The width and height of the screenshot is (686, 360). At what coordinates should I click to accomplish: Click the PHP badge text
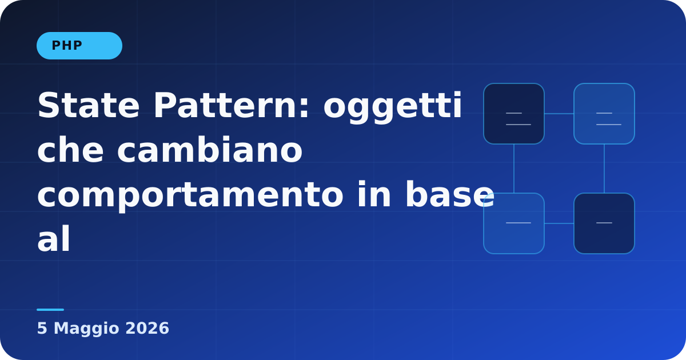coord(67,46)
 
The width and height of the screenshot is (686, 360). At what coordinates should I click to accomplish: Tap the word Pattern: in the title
coord(232,105)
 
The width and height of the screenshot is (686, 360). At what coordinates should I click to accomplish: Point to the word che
coord(70,150)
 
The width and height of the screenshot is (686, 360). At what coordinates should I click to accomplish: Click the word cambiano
coord(210,150)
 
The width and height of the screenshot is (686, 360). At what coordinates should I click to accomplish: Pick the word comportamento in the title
coord(190,196)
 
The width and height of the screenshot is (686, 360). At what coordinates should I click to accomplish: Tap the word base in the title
coord(449,194)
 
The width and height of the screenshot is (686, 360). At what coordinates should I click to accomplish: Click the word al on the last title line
coord(54,239)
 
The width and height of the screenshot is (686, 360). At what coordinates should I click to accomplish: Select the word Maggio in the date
coord(86,329)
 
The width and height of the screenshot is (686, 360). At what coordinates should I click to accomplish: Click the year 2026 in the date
coord(147,329)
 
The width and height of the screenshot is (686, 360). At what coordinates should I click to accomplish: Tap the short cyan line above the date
coord(50,310)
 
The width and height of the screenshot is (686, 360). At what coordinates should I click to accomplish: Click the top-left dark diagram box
coord(514,114)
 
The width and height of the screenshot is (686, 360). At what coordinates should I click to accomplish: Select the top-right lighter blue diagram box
coord(604,114)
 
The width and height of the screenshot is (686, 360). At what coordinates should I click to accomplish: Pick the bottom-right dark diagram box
coord(604,223)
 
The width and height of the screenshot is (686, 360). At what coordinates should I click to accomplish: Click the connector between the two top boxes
coord(559,114)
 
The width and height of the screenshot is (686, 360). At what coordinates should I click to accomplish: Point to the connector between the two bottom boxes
coord(559,223)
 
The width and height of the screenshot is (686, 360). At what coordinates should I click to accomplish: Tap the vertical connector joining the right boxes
coord(604,169)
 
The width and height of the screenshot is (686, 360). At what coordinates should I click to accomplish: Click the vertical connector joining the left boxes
coord(514,169)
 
